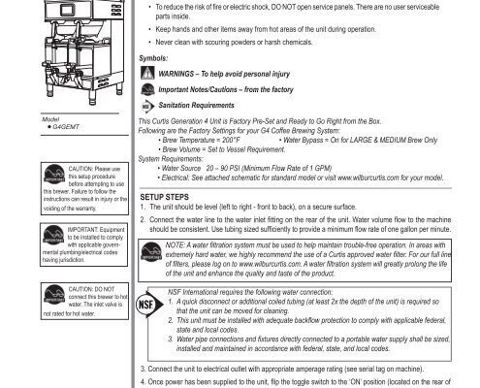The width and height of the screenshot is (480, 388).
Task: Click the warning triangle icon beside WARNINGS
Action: [147, 74]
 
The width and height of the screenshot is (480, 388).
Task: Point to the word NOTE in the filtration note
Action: [178, 246]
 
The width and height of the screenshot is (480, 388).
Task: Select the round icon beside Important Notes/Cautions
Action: [147, 89]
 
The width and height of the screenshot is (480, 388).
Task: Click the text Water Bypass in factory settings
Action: [311, 140]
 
